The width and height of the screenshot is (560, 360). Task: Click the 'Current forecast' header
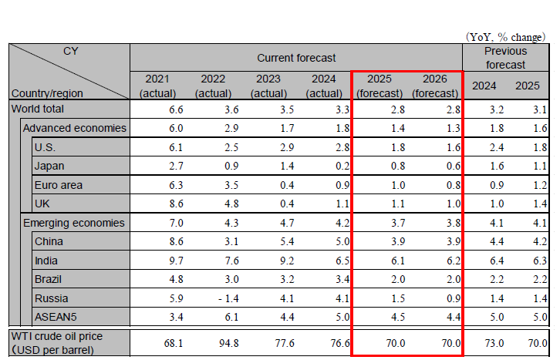296,58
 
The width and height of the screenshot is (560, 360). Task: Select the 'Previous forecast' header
505,58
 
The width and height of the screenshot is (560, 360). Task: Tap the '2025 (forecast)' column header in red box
379,86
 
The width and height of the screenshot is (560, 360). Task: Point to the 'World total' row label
38,109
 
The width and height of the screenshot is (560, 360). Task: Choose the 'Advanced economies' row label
75,127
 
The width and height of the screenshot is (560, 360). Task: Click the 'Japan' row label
49,166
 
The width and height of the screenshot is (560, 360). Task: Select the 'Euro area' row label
58,185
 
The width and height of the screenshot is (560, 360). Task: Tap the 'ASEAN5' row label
55,316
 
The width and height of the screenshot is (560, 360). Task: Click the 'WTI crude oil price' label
56,336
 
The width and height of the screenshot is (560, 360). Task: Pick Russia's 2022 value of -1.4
211,298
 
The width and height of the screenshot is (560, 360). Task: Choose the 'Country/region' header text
47,93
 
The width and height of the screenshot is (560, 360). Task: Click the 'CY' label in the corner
70,52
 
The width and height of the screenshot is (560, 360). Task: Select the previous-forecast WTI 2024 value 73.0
484,342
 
